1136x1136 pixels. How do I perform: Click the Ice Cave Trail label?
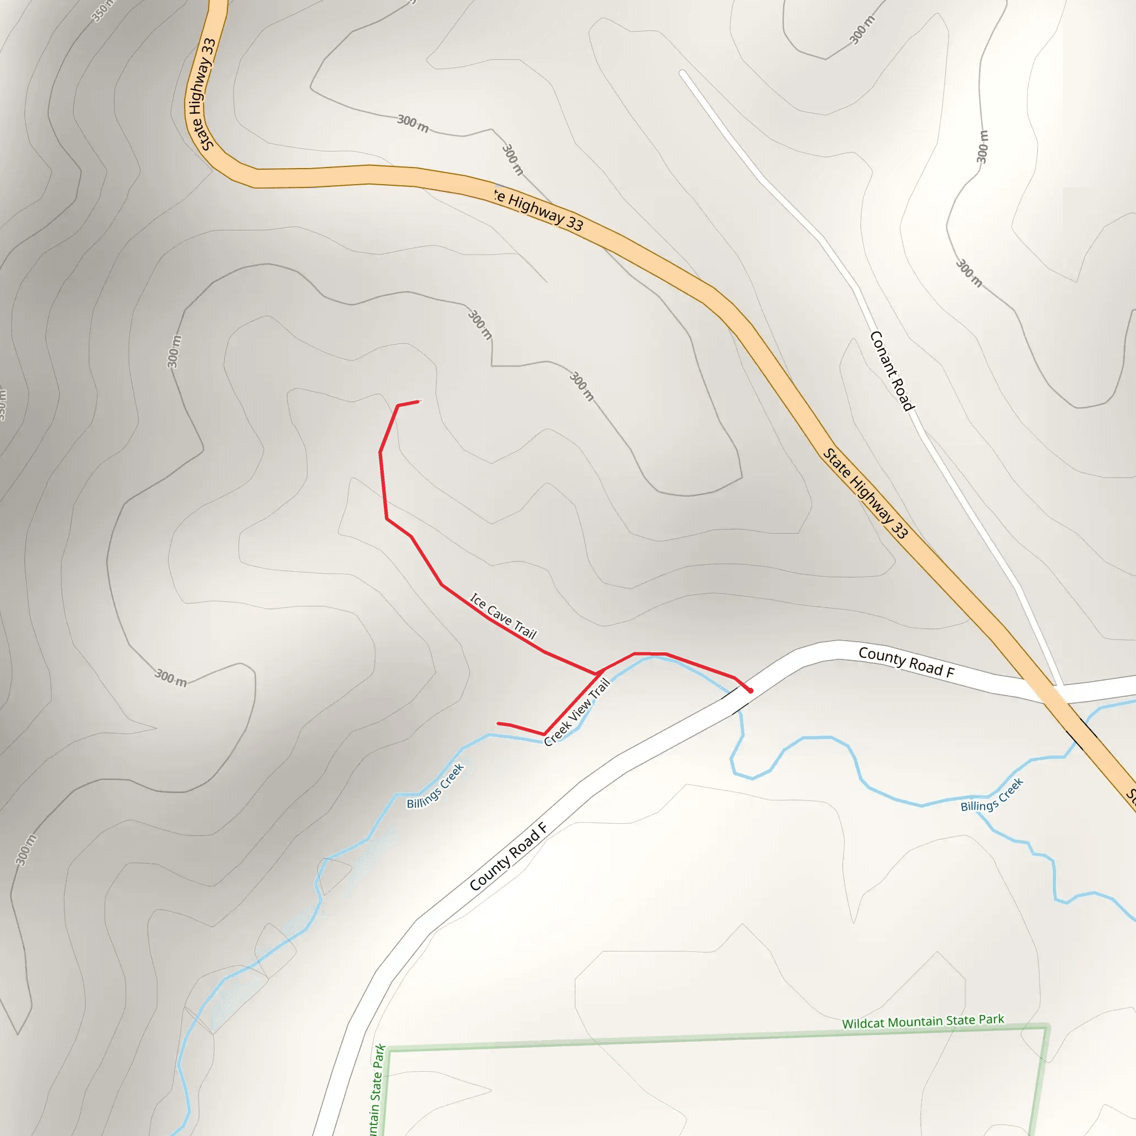[503, 616]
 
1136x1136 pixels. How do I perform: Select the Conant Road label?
[892, 371]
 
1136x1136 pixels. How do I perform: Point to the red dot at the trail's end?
[750, 691]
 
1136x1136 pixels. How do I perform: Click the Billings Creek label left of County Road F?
[435, 785]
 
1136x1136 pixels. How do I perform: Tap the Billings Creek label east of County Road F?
[992, 795]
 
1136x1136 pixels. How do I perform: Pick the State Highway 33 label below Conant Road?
[865, 493]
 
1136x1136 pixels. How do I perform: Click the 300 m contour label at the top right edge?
[862, 29]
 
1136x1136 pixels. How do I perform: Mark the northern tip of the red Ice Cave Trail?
[419, 402]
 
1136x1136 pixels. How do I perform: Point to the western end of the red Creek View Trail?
[498, 723]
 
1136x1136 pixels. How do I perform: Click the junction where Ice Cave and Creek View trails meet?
[599, 672]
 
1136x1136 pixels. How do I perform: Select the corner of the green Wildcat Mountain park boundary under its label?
[1046, 1027]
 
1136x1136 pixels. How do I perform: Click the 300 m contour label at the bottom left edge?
[26, 850]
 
